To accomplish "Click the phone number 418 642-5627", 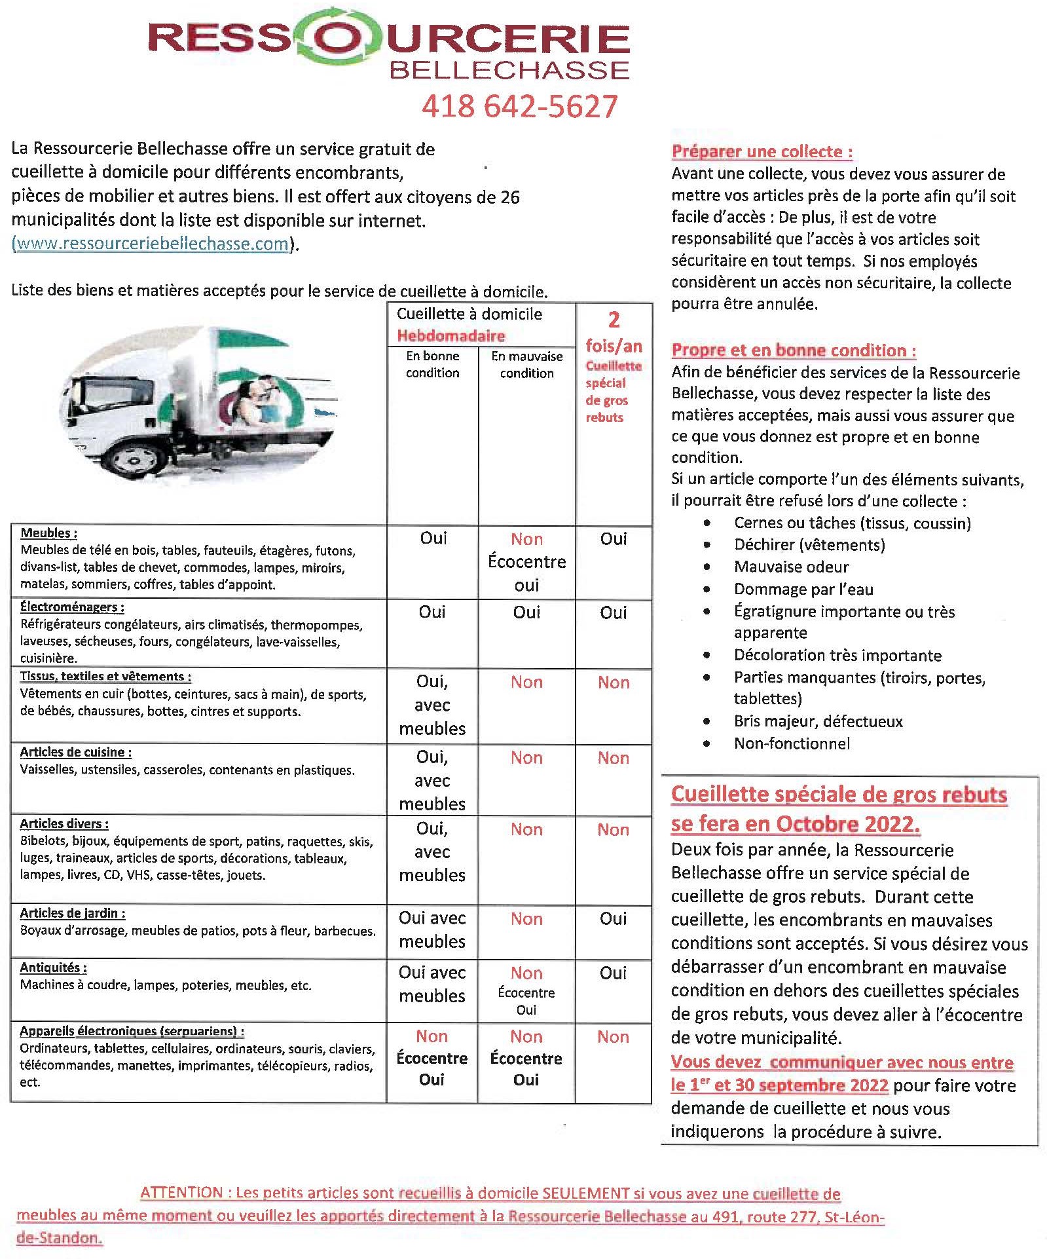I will pos(519,106).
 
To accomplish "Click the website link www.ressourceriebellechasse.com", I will pos(151,244).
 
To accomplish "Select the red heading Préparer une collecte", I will pos(762,151).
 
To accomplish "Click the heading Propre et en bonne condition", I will pos(793,350).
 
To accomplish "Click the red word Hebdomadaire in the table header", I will pos(450,336).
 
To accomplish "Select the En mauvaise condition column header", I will pos(526,364).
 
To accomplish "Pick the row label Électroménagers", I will pos(71,607).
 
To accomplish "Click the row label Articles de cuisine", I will pos(75,752).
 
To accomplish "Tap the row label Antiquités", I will pos(53,968).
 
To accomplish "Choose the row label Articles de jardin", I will pos(72,913).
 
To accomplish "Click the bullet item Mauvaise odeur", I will pos(791,567).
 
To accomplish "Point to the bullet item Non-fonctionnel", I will pos(792,743).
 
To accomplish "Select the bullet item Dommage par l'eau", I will pos(803,589).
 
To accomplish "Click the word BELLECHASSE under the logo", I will pos(509,70).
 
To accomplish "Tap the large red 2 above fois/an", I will pos(613,320).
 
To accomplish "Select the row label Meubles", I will pos(48,533).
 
